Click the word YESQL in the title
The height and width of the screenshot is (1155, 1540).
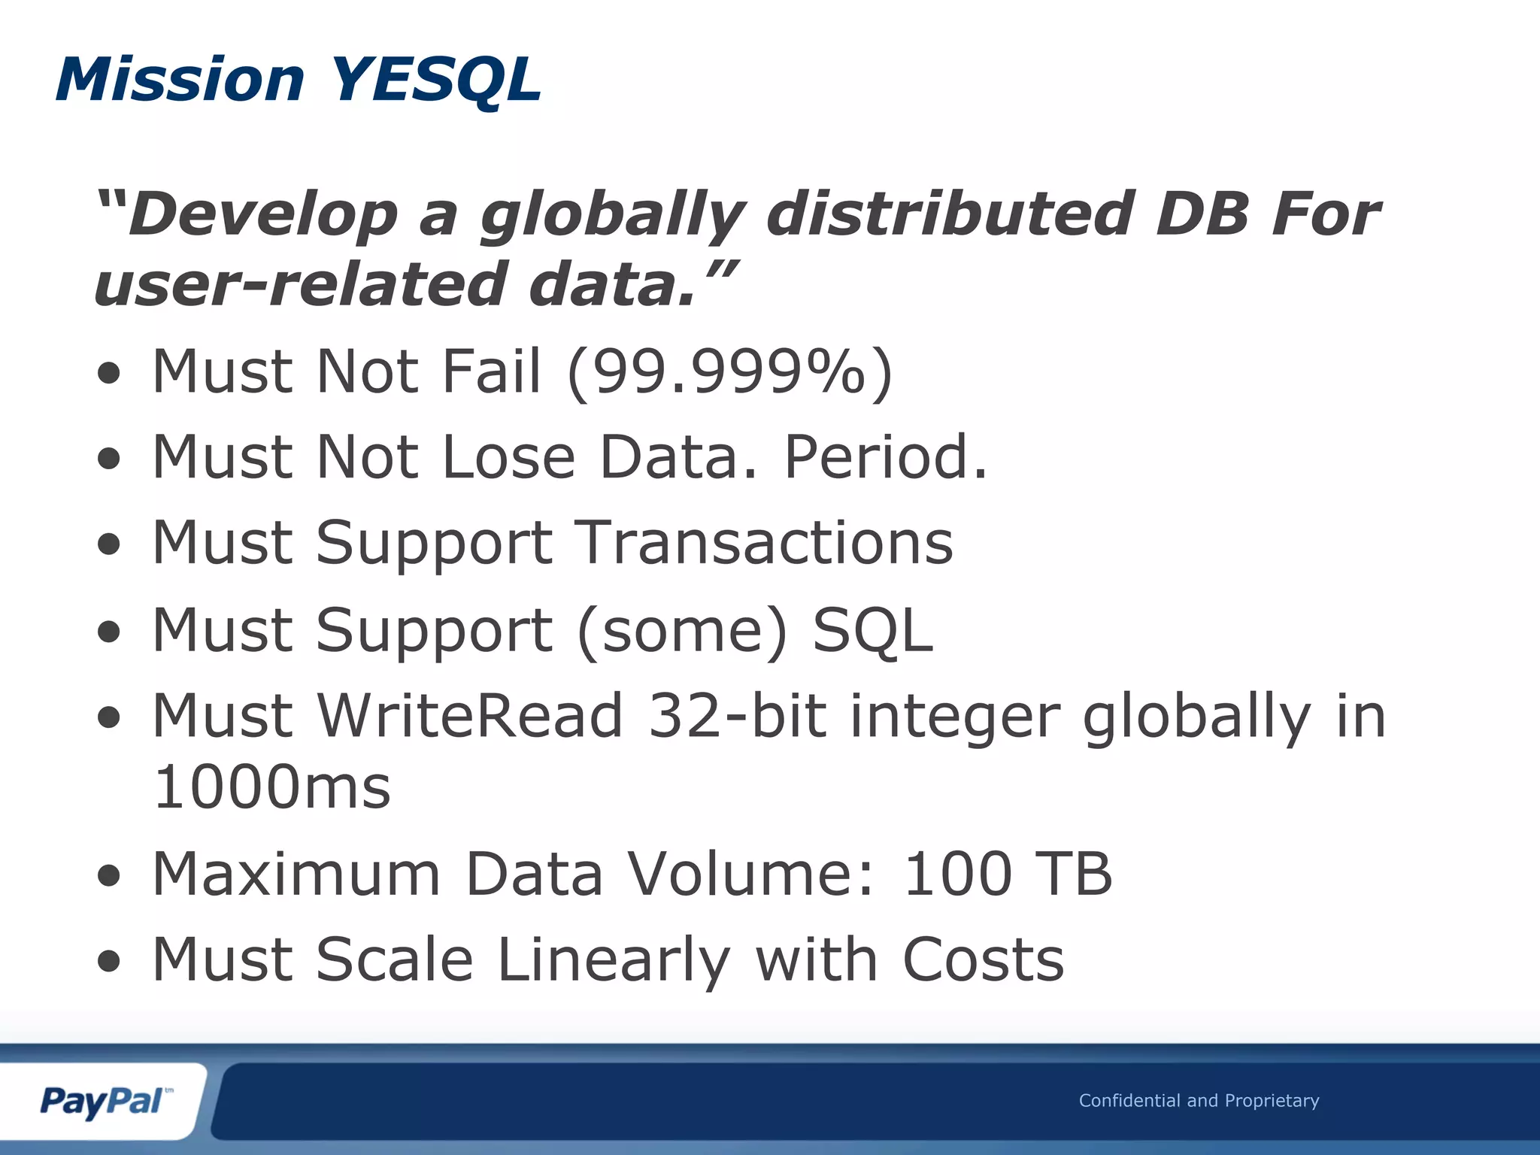click(x=436, y=80)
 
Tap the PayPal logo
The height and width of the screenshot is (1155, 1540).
click(x=104, y=1102)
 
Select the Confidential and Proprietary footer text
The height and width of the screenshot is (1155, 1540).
click(x=1199, y=1101)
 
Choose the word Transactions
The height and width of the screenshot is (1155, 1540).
click(x=765, y=543)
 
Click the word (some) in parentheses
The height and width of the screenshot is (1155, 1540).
click(x=683, y=630)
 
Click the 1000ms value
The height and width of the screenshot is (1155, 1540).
click(x=271, y=787)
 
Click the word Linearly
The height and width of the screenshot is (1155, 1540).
click(x=614, y=960)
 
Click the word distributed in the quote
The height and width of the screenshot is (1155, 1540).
click(x=950, y=215)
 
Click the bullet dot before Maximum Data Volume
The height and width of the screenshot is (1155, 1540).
click(x=109, y=876)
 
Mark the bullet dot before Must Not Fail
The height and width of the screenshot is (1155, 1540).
click(x=109, y=374)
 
